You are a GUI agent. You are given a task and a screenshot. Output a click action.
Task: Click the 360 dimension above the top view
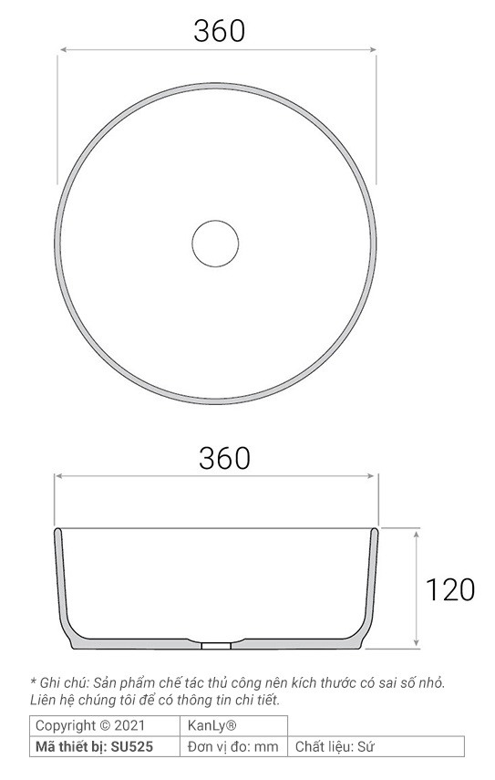point(219,31)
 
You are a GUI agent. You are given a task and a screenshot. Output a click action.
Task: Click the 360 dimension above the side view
point(224,458)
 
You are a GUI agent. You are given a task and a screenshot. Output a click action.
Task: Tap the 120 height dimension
point(450,590)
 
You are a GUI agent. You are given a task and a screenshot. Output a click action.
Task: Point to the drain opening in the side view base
point(216,645)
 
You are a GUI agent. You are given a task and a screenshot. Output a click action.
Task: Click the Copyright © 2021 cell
point(90,725)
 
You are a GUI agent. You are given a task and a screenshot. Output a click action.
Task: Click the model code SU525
point(131,746)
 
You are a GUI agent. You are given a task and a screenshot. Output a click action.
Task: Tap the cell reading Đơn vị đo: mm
point(233,746)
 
